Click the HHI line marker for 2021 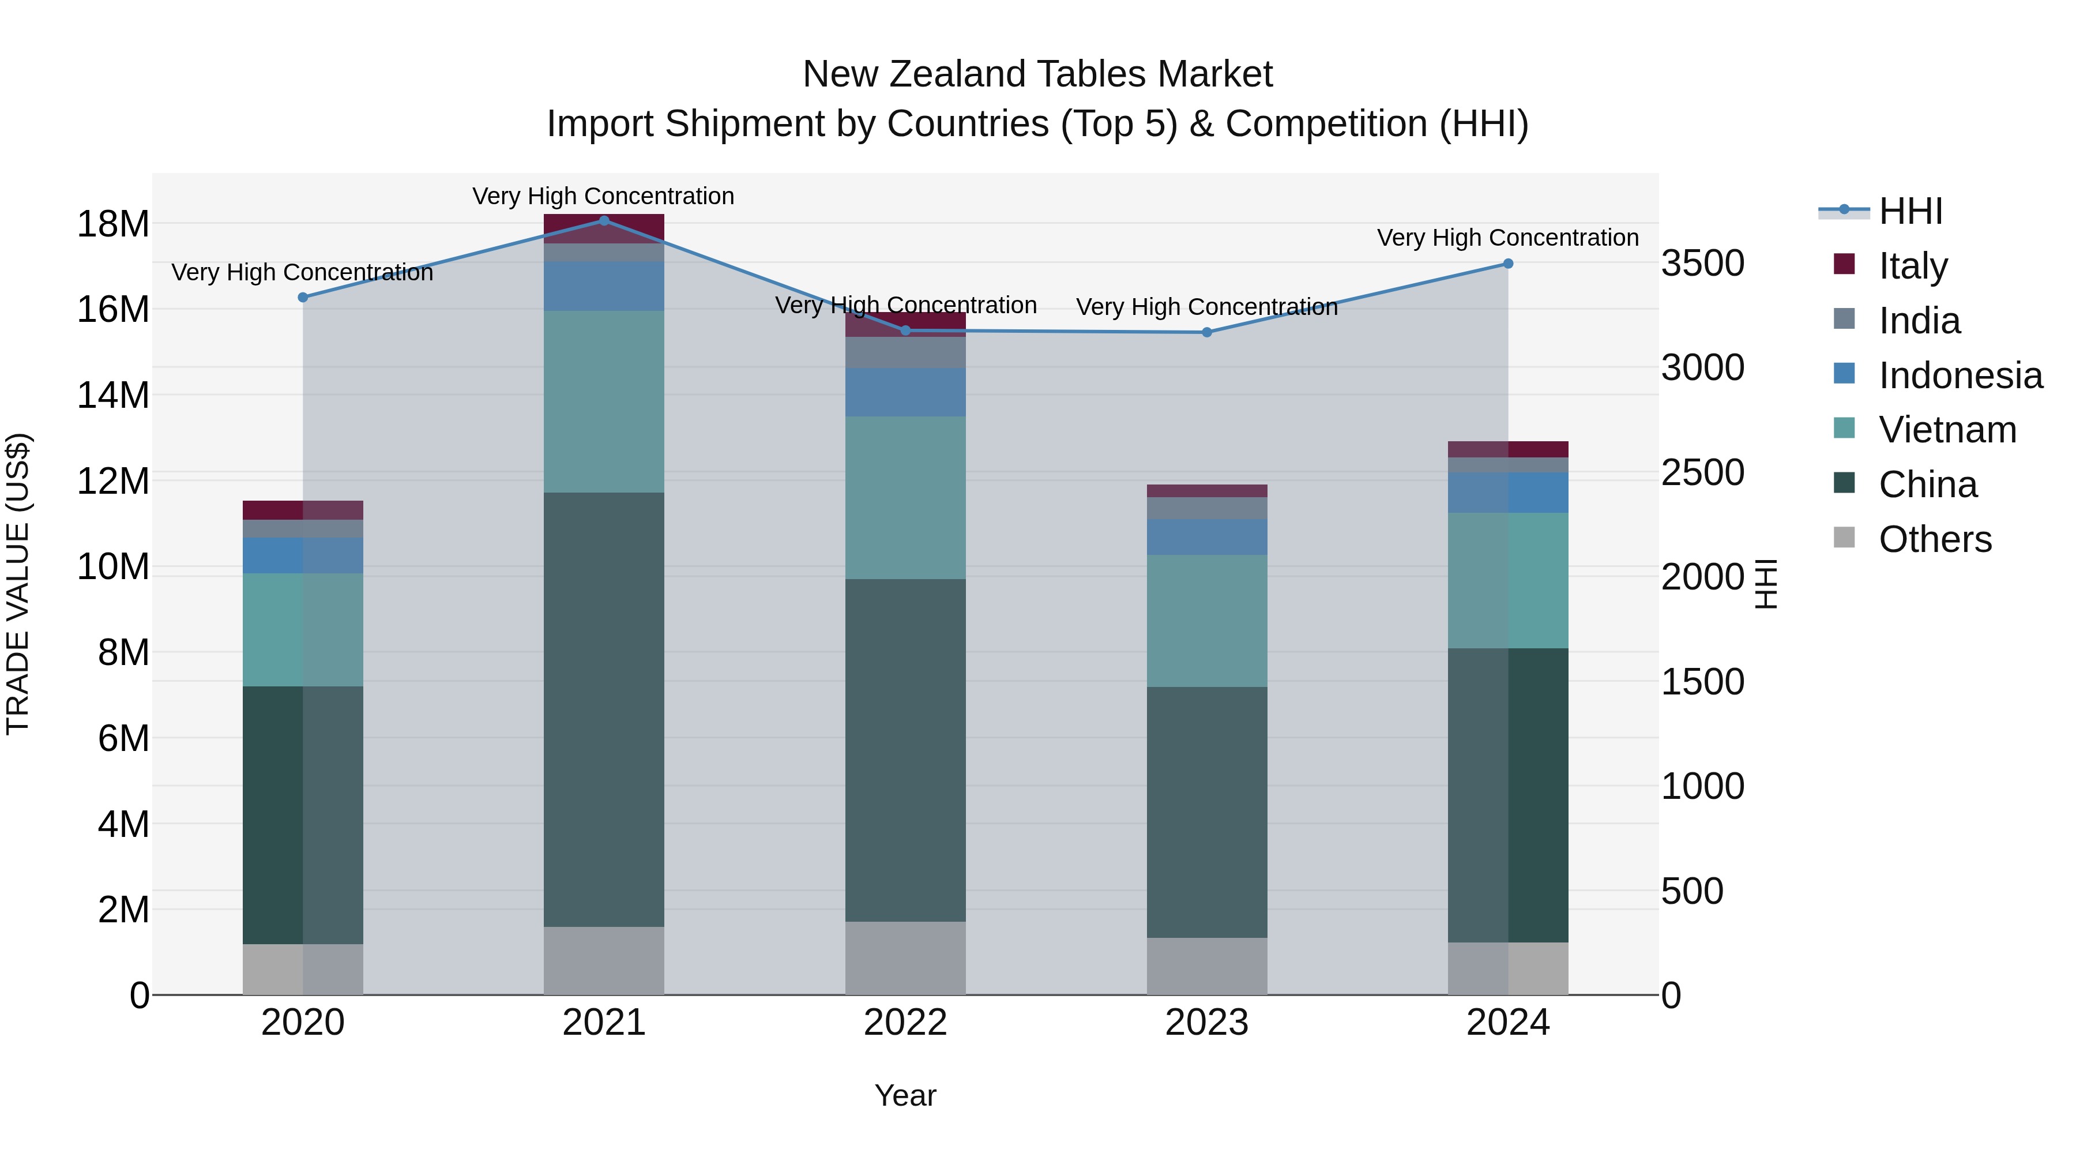pos(604,221)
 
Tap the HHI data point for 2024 pos(1508,264)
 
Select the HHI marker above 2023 pos(1206,332)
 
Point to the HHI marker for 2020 pos(303,298)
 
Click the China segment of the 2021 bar pos(604,709)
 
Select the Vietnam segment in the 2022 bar pos(905,497)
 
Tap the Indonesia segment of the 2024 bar pos(1508,493)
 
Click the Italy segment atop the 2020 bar pos(303,510)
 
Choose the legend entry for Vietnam pos(1947,430)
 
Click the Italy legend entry pos(1912,265)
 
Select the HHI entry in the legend pos(1910,211)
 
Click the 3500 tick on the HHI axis pos(1703,264)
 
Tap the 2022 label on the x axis pos(905,1023)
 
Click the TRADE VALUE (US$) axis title pos(18,584)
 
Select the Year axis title pos(905,1095)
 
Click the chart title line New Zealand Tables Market pos(1037,74)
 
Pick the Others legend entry pos(1934,539)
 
